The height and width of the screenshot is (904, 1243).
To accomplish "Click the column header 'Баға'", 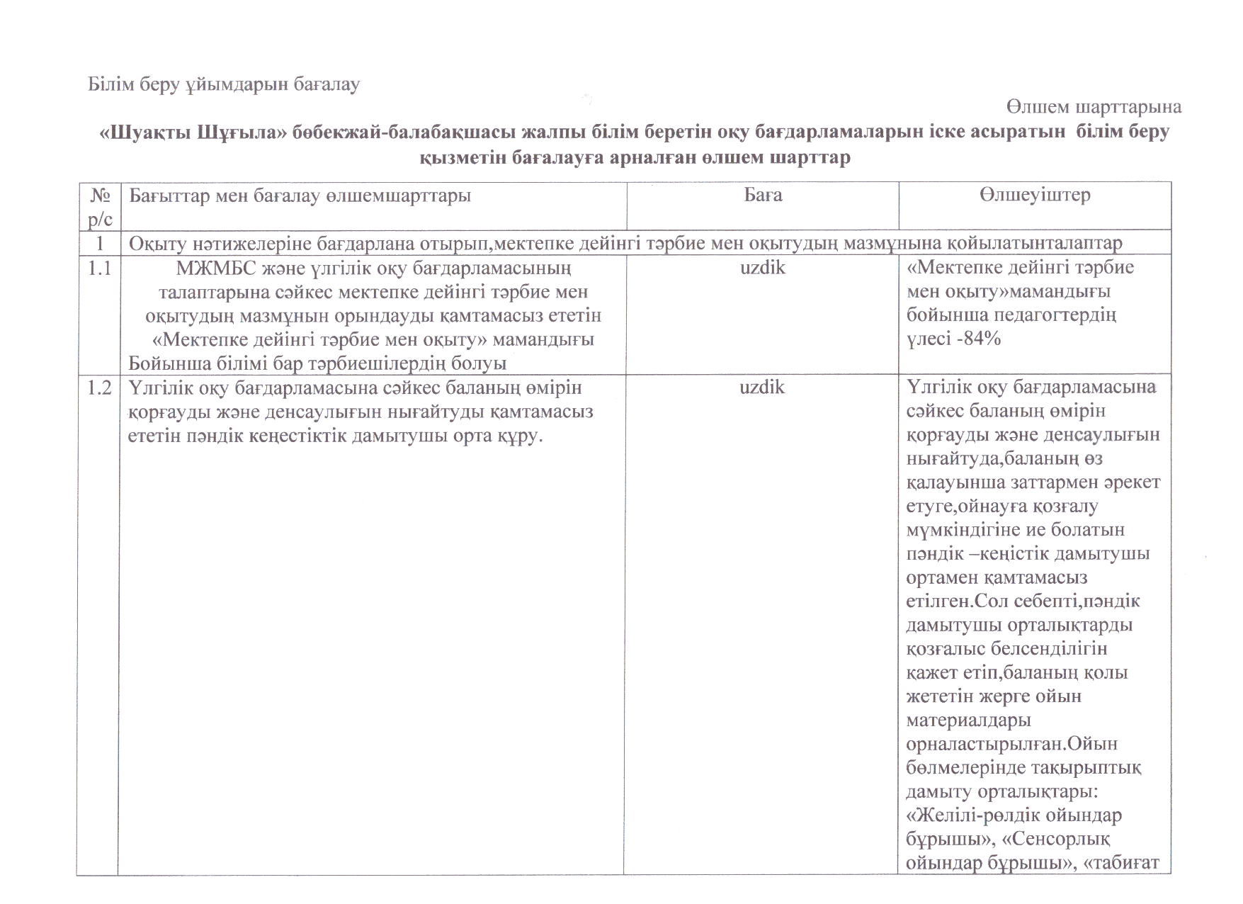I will click(763, 195).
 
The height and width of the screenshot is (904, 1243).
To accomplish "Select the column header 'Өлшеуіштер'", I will click(1035, 195).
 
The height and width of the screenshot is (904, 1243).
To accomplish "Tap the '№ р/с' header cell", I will click(101, 205).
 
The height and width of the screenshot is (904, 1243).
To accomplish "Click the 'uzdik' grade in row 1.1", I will click(762, 268).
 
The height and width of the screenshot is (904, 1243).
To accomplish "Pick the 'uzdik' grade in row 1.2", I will click(762, 388).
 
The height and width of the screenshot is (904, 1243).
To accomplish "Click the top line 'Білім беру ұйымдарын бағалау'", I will click(224, 84).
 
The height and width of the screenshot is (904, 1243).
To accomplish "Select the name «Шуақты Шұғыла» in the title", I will click(191, 132).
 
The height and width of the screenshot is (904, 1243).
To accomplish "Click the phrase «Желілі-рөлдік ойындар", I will click(1014, 815).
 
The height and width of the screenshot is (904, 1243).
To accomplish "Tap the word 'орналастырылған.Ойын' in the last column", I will click(1012, 745).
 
